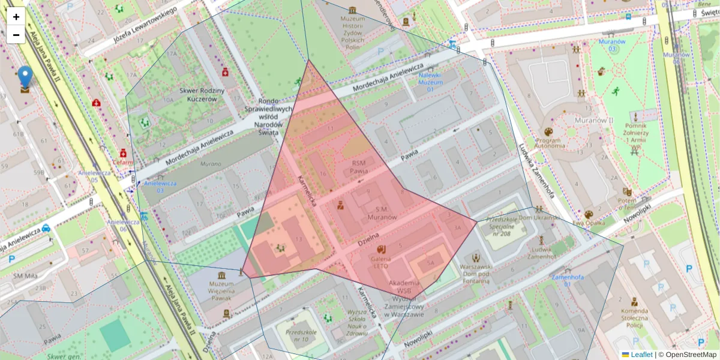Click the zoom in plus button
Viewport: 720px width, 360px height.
click(x=16, y=17)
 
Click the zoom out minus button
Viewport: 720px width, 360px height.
click(x=16, y=35)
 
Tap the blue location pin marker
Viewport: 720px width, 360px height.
click(x=25, y=79)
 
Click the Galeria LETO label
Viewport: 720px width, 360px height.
click(x=381, y=262)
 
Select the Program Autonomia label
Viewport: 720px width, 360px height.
click(x=548, y=143)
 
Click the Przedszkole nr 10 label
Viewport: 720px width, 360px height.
click(x=301, y=335)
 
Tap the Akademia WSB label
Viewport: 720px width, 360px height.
click(x=404, y=286)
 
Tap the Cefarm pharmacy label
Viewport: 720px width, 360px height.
click(x=122, y=161)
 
